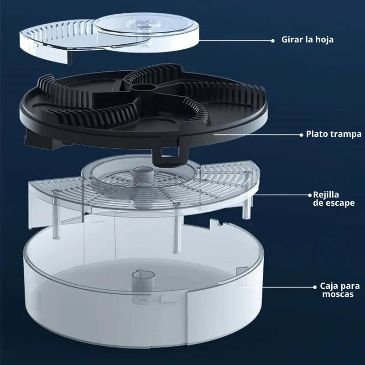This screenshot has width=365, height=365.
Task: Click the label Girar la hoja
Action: (307, 40)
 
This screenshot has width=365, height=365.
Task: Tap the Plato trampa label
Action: (334, 134)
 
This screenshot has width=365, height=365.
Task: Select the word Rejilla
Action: (326, 194)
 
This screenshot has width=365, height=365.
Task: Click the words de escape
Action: (334, 203)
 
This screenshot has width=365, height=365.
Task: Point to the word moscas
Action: (337, 295)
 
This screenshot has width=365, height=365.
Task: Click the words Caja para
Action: (339, 286)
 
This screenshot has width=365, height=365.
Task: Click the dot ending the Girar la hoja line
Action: (272, 40)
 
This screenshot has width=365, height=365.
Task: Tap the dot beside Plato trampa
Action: (302, 135)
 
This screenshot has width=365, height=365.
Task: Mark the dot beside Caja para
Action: (315, 287)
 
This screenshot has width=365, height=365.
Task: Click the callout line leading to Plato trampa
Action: (255, 135)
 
